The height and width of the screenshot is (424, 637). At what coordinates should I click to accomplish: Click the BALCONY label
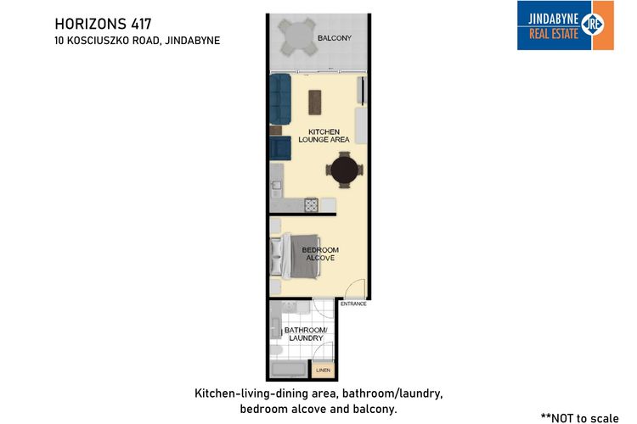pyautogui.click(x=334, y=39)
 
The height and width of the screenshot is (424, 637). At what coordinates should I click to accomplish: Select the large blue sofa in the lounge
pyautogui.click(x=280, y=98)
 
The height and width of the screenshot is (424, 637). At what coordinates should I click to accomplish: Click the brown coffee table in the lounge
pyautogui.click(x=315, y=102)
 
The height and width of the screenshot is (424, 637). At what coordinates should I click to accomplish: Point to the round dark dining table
pyautogui.click(x=345, y=169)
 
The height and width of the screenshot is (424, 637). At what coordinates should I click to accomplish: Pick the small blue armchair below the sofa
pyautogui.click(x=279, y=149)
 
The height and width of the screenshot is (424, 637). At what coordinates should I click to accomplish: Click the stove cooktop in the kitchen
pyautogui.click(x=311, y=204)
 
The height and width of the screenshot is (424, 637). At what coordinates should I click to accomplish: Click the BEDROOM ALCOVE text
pyautogui.click(x=320, y=254)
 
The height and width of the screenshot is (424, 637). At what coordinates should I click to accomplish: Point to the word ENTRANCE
pyautogui.click(x=353, y=304)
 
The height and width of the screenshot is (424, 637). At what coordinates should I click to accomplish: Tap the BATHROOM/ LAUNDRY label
pyautogui.click(x=303, y=333)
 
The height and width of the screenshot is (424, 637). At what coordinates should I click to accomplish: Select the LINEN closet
pyautogui.click(x=323, y=371)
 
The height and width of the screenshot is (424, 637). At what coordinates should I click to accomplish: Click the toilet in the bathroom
pyautogui.click(x=277, y=350)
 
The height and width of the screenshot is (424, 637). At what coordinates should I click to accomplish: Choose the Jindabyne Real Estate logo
pyautogui.click(x=565, y=25)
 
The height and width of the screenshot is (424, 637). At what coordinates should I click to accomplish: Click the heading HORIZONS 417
pyautogui.click(x=103, y=23)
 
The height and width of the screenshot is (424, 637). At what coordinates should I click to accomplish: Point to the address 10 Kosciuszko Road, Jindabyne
pyautogui.click(x=137, y=40)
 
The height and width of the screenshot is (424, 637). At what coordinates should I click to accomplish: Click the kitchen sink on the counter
pyautogui.click(x=276, y=183)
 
